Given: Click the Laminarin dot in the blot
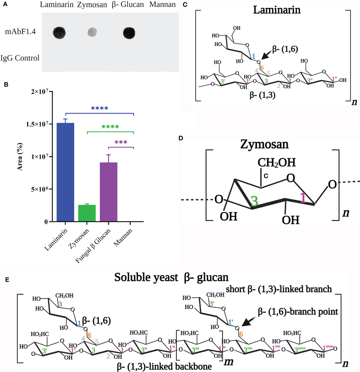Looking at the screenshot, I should (59, 32).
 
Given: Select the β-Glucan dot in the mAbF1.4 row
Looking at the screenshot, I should (129, 33).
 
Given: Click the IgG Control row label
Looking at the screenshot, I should (20, 58).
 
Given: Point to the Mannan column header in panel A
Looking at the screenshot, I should (162, 5).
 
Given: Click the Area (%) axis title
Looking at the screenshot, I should (20, 157).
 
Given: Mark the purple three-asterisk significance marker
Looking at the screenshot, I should (121, 142).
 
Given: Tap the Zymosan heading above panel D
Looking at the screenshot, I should (264, 145).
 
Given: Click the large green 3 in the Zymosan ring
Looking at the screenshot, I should (254, 201).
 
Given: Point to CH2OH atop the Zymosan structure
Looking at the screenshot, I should (276, 162).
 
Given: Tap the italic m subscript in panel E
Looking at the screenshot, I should (229, 361).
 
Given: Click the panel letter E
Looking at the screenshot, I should (7, 280).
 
